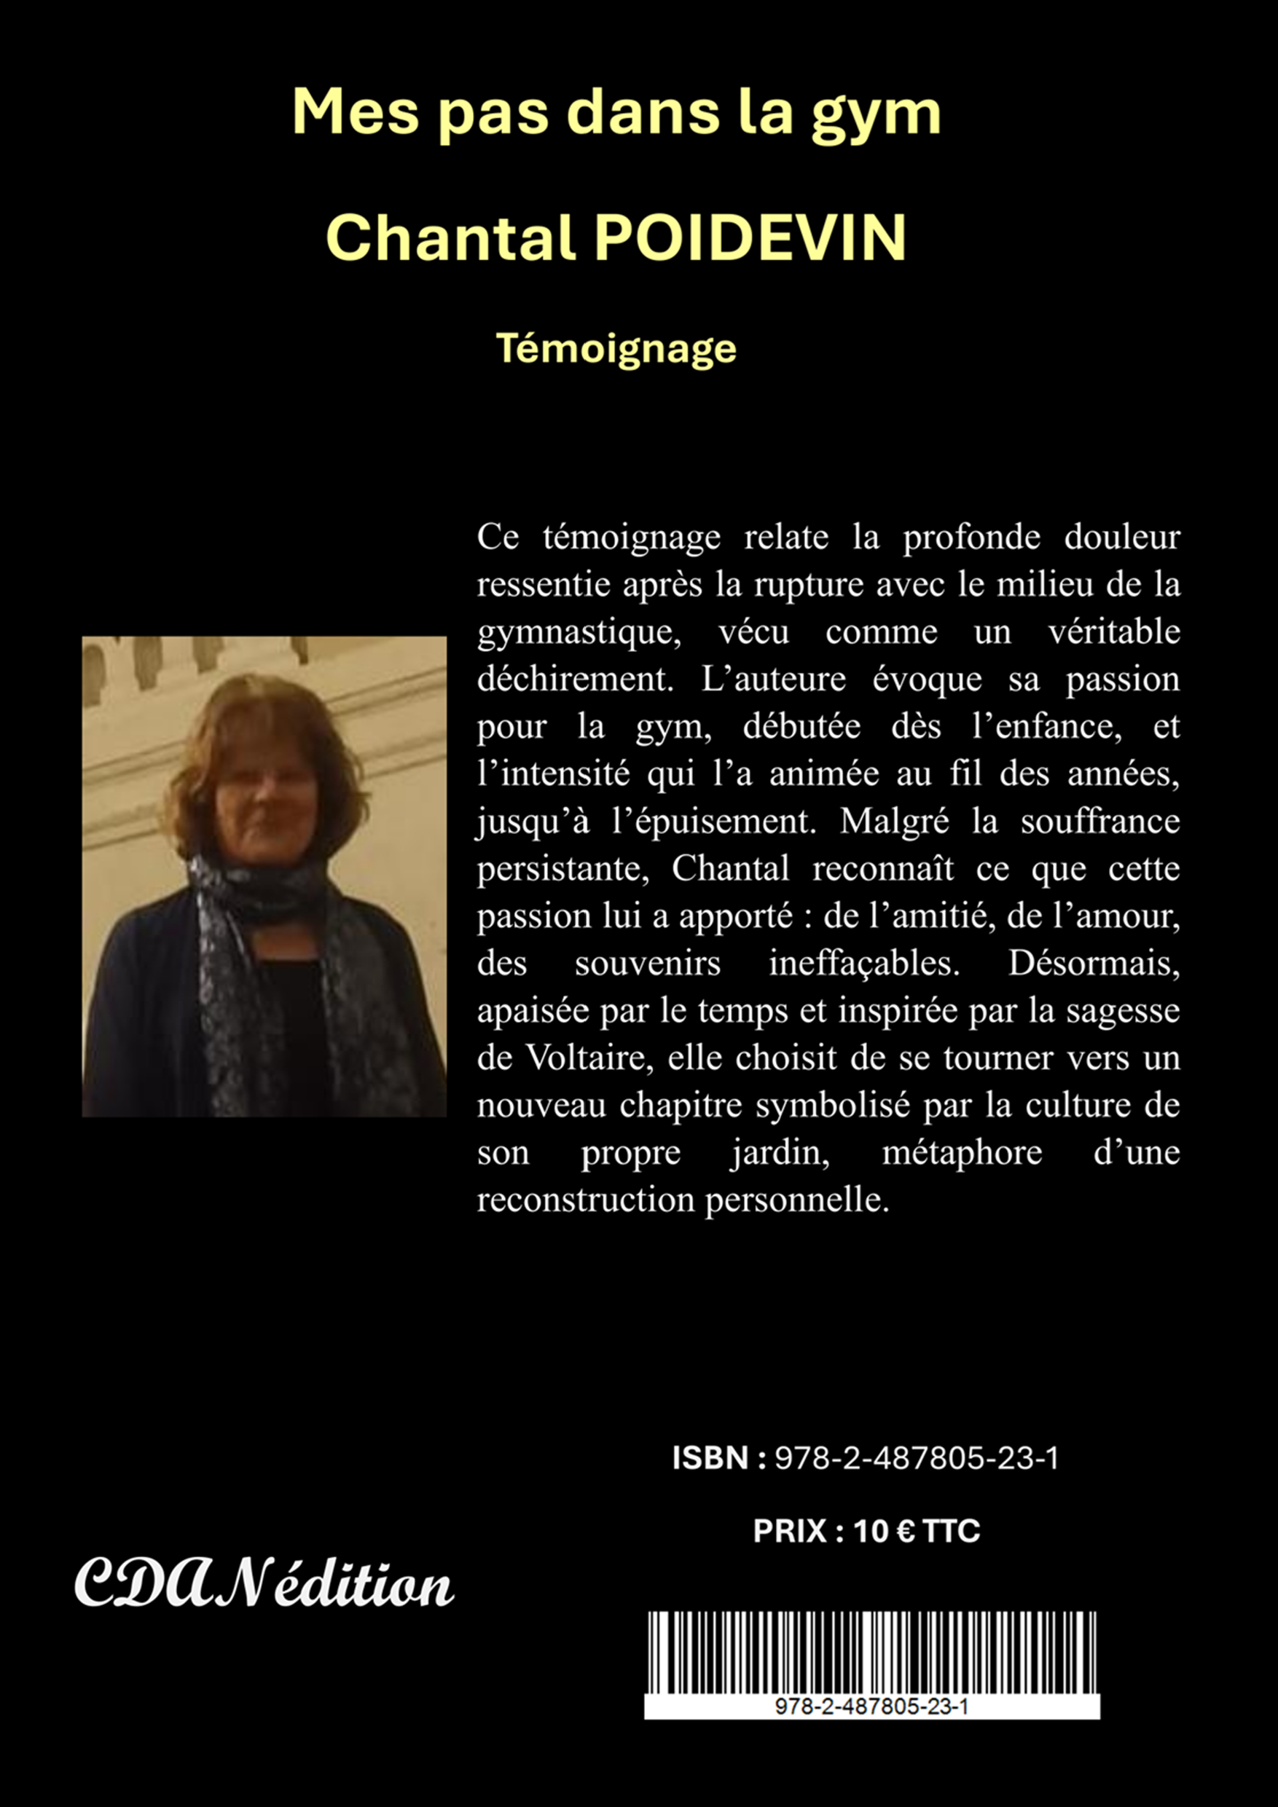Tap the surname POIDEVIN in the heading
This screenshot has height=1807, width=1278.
[x=749, y=237]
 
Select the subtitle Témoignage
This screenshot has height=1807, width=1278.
[x=616, y=349]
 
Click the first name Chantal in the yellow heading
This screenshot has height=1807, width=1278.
[x=450, y=237]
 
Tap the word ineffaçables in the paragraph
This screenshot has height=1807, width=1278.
[x=864, y=964]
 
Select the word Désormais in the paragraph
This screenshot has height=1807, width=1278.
[x=1094, y=964]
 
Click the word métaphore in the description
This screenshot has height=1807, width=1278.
[x=962, y=1154]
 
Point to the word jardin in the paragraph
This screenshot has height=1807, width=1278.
[x=780, y=1154]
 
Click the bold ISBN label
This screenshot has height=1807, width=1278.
[x=710, y=1458]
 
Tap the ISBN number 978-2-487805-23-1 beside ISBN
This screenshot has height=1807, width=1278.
[x=917, y=1459]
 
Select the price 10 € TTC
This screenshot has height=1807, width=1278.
[x=917, y=1532]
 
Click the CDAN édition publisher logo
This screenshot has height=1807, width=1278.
[x=264, y=1584]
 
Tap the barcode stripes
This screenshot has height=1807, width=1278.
[x=871, y=1653]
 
